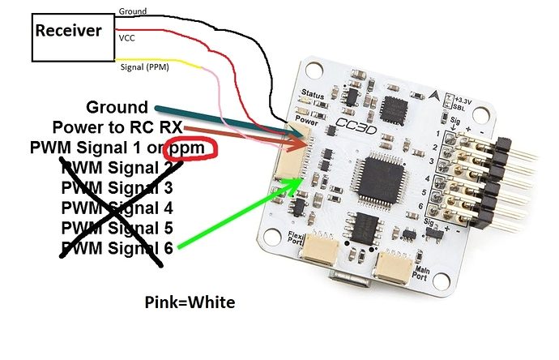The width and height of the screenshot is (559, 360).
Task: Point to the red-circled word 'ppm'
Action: click(190, 149)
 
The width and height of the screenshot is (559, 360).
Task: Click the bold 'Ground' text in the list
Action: click(117, 108)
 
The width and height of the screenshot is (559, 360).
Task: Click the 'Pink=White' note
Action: click(190, 302)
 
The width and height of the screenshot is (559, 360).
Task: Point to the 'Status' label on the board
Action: click(311, 95)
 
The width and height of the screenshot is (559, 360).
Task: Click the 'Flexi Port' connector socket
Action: click(318, 260)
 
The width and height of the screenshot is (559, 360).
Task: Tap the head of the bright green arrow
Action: click(295, 184)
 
